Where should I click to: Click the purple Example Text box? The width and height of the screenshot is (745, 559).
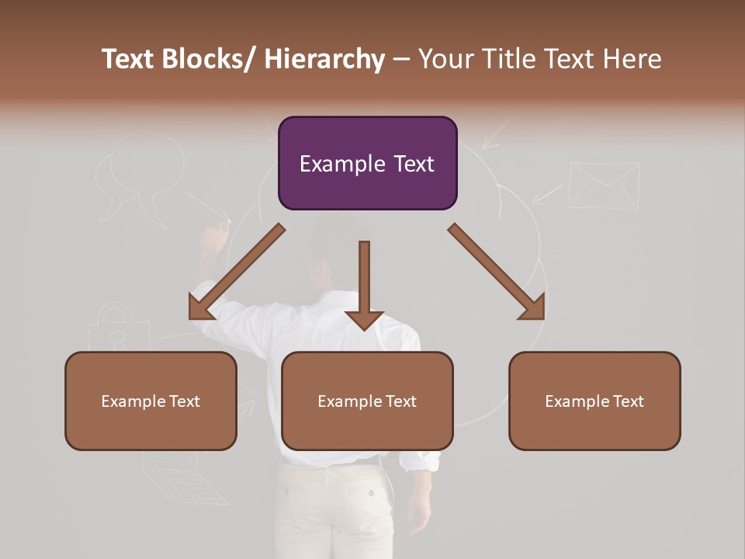(367, 163)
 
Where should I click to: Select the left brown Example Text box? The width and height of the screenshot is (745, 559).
(151, 401)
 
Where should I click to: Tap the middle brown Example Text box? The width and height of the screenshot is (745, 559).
(367, 401)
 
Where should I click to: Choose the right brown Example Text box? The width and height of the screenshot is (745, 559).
(594, 401)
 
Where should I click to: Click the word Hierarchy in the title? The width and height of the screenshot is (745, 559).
(324, 59)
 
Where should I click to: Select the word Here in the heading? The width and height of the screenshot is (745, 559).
(633, 59)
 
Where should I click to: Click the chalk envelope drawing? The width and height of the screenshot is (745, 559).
(604, 185)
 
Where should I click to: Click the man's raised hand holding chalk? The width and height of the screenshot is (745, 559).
(213, 237)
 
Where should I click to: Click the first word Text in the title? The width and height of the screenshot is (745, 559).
(128, 59)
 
